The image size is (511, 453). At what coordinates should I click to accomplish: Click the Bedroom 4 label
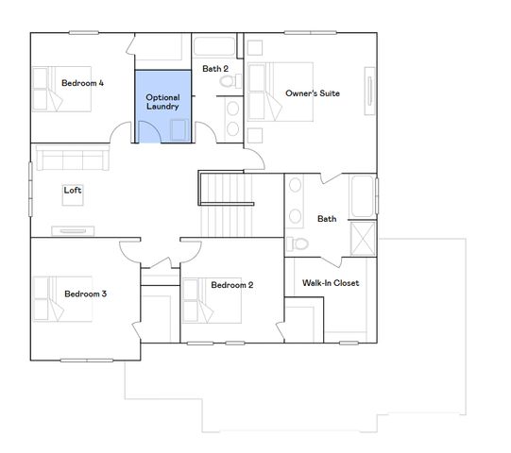click(82, 83)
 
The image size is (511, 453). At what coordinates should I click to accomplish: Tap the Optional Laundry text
click(162, 102)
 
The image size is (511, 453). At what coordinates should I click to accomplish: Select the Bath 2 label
click(215, 69)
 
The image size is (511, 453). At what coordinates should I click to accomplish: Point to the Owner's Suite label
click(312, 93)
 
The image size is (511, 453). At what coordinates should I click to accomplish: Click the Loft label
click(73, 190)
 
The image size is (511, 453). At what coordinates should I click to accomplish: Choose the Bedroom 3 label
click(85, 294)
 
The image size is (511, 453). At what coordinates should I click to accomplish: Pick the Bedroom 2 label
click(231, 285)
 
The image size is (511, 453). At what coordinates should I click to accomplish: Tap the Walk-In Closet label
click(330, 283)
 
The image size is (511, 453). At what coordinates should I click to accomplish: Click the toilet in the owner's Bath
click(298, 243)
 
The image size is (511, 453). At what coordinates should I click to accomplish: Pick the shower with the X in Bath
click(363, 238)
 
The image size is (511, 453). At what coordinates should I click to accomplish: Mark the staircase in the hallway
click(228, 208)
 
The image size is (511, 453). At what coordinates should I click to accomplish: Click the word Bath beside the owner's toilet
click(326, 219)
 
